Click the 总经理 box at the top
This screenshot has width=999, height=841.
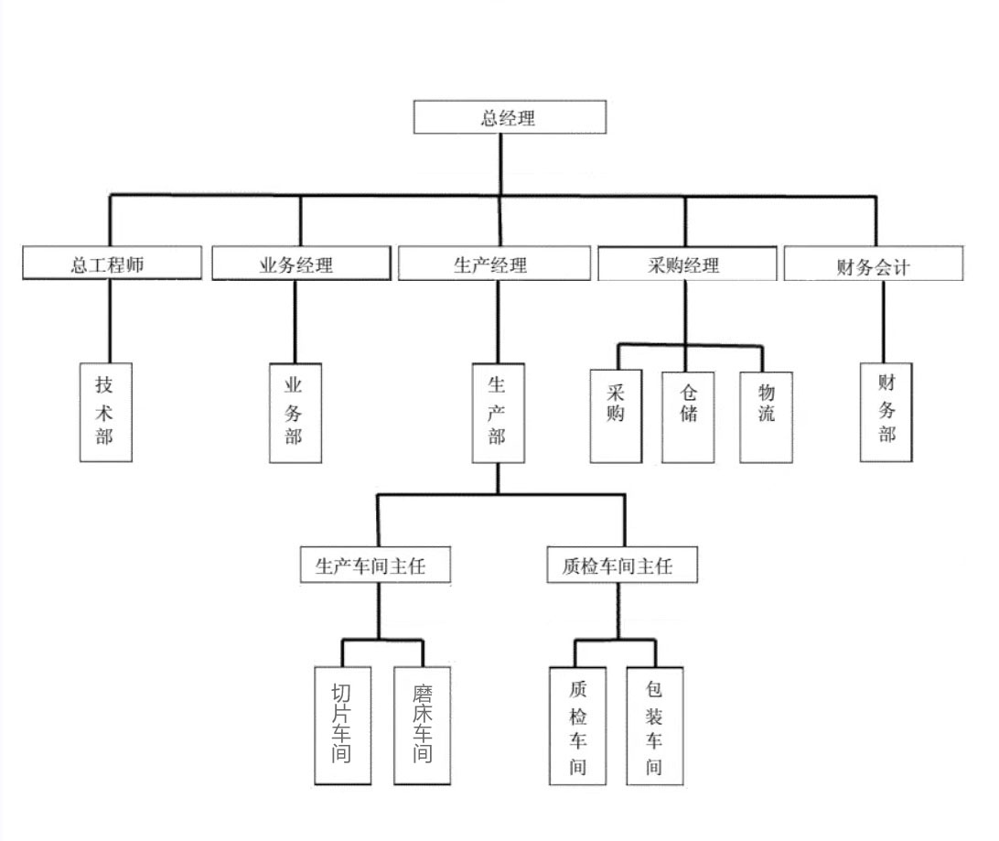(510, 117)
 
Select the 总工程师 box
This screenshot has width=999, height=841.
(112, 264)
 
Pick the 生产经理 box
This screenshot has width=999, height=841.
(494, 264)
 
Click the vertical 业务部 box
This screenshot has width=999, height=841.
(295, 413)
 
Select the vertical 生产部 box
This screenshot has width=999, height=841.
(497, 413)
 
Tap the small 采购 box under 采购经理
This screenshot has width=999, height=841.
(615, 416)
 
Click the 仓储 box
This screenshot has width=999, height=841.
(688, 416)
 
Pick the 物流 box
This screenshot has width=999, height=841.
(766, 416)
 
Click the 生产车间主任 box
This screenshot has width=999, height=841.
(378, 565)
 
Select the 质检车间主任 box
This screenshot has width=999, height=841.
(623, 565)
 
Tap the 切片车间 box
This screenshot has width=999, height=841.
(342, 725)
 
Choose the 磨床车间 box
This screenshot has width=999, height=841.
(423, 725)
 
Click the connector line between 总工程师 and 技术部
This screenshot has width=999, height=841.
(110, 320)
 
